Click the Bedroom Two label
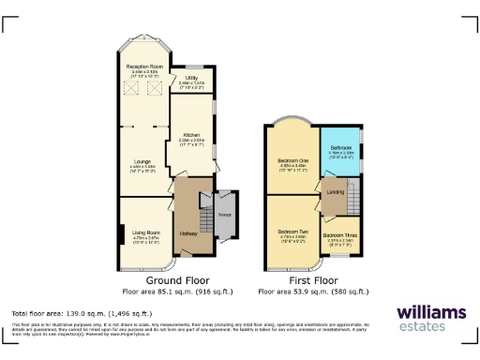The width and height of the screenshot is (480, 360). coord(292,230)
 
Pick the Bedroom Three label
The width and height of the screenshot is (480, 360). coord(339,234)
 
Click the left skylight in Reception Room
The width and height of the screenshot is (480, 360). coord(131,89)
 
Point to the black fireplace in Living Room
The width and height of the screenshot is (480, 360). coord(121,233)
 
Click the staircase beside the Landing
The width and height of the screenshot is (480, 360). coord(352,199)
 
